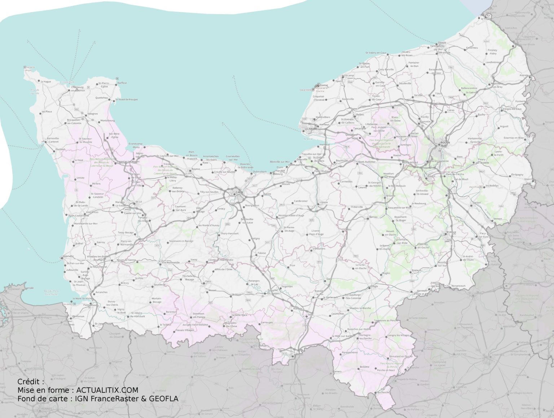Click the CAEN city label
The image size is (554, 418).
[x=239, y=193]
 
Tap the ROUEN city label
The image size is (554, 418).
[x=445, y=142]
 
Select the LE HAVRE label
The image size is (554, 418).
[x=311, y=129]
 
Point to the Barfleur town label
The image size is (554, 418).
[x=122, y=83]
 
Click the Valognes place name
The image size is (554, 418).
[x=92, y=114]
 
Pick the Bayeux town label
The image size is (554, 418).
[x=196, y=169]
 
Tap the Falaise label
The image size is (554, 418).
[x=261, y=253]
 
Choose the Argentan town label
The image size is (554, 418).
[x=287, y=286]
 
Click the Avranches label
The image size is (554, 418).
[x=101, y=292]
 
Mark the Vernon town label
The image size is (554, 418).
[x=498, y=219]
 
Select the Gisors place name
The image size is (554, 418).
[x=528, y=179]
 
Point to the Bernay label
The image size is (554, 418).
[x=374, y=217]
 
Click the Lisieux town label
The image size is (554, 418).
[x=324, y=202]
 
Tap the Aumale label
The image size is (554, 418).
[x=524, y=75]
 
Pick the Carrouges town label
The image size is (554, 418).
[x=267, y=322]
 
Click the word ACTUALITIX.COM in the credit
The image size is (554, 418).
[x=107, y=390]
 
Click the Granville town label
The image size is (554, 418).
[x=69, y=256]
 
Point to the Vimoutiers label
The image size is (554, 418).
[x=319, y=248]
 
